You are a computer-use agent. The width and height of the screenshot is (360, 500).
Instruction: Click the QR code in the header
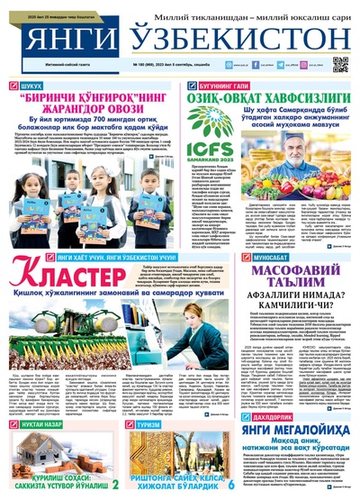coord(339,63)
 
